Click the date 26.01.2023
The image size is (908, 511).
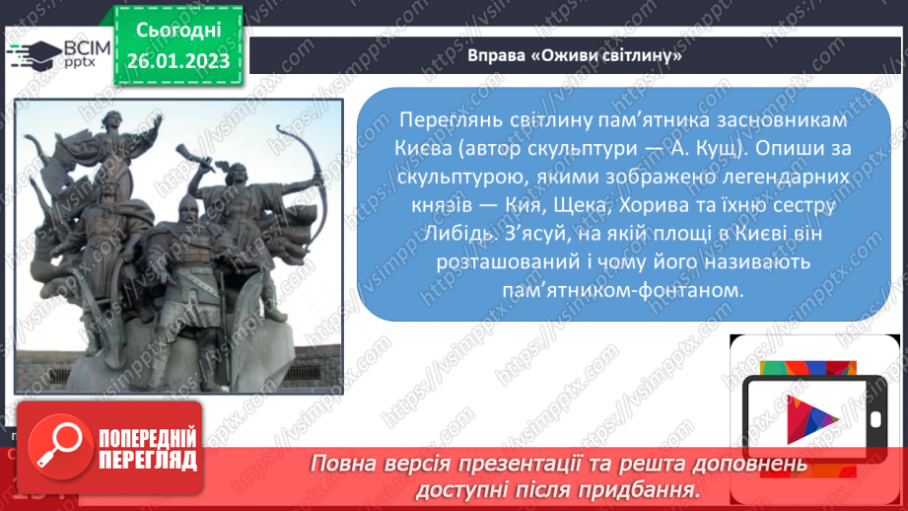(177, 61)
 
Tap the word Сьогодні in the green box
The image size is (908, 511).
(177, 29)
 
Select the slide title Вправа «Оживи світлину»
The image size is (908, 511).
(576, 55)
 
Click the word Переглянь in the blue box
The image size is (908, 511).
(444, 118)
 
